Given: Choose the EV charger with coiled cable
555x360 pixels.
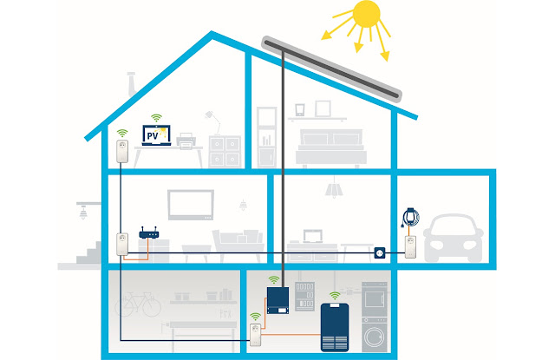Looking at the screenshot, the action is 410,218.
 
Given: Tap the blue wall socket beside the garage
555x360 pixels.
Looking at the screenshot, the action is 379,252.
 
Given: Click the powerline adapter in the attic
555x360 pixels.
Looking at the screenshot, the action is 122,154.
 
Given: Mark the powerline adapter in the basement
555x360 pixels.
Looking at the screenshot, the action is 256,329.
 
